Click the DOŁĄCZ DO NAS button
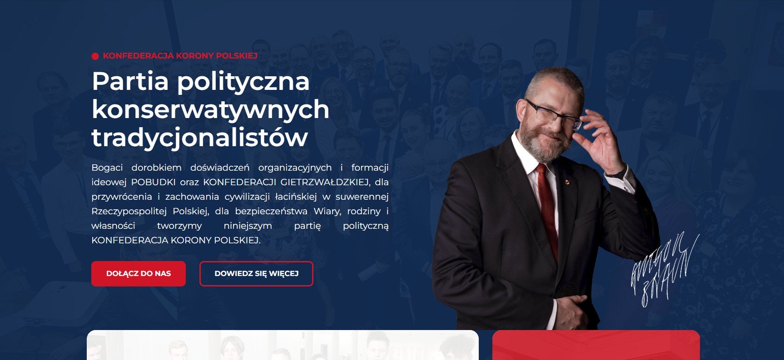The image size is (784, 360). coord(139,274)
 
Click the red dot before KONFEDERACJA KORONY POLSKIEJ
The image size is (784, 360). coord(95,56)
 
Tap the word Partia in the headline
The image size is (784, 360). coord(130,82)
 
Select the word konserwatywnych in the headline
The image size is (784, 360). coord(210,110)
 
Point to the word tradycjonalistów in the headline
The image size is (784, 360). coord(200,138)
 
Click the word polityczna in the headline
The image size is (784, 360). coord(243,82)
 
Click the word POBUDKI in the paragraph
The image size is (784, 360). coord(153,182)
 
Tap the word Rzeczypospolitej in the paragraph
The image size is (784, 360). coord(129,211)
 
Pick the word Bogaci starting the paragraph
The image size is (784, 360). coord(107,168)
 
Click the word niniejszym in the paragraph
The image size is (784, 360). coord(248,226)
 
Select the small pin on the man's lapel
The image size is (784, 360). coord(566,182)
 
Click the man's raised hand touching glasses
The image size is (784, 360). coord(602,141)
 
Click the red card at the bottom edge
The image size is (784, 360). coord(595,345)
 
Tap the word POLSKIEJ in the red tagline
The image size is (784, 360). coord(237,56)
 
